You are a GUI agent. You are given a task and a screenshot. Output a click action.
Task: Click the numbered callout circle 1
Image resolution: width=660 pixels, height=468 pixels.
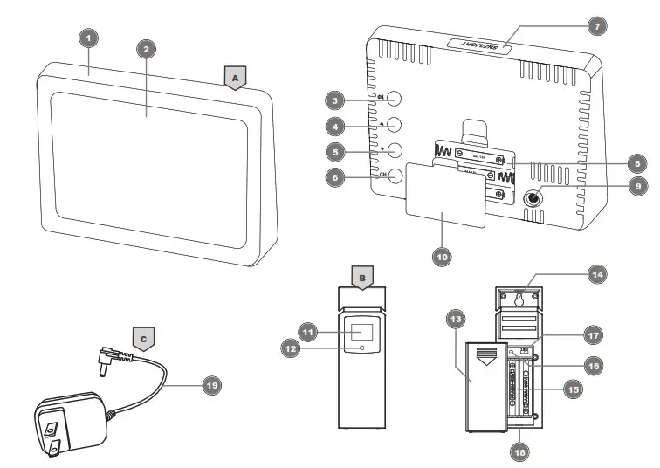point(89,38)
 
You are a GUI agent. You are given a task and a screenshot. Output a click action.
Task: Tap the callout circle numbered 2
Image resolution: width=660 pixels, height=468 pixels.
point(148,49)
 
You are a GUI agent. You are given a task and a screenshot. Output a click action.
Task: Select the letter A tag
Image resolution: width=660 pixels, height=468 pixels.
point(233,77)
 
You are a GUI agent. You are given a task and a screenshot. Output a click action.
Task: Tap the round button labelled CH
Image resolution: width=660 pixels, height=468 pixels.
point(395,175)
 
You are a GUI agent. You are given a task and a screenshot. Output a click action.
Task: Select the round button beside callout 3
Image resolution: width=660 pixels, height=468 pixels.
point(395,98)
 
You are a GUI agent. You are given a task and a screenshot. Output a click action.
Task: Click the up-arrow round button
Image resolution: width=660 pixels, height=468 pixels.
point(395,124)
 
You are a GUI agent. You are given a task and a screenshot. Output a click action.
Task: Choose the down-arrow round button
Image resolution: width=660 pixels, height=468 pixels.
point(395,149)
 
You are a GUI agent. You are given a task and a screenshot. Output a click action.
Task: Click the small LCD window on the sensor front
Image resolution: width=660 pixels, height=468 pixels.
point(361,333)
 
